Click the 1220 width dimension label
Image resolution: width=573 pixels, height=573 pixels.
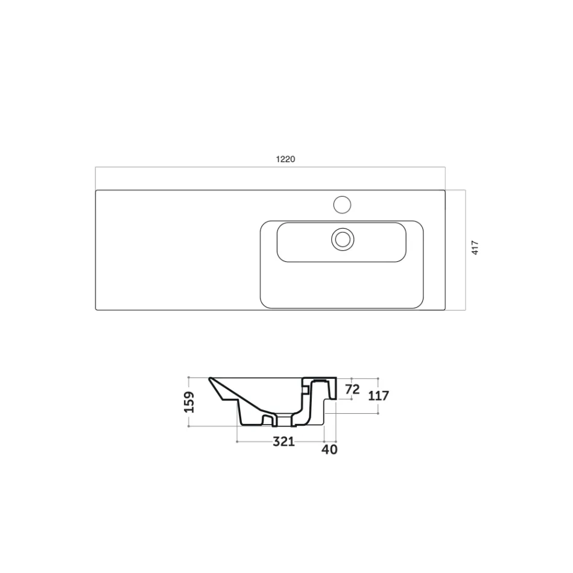(285, 159)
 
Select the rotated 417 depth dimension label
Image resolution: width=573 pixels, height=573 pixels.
(475, 248)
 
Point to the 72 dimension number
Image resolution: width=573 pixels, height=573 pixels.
(352, 389)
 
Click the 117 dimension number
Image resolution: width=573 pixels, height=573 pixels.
(378, 396)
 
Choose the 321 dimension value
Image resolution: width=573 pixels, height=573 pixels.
(283, 442)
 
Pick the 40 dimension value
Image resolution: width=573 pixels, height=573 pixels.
(330, 449)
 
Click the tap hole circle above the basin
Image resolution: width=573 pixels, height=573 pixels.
(342, 204)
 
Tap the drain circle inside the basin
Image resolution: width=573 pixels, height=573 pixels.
(342, 239)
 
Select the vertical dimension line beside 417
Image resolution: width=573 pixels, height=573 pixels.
(465, 250)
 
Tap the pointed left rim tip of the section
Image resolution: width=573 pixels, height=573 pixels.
(211, 380)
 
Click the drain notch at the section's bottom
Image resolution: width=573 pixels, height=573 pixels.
(281, 419)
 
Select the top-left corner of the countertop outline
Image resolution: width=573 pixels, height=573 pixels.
(97, 191)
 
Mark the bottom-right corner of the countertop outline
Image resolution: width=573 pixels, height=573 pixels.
(445, 310)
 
